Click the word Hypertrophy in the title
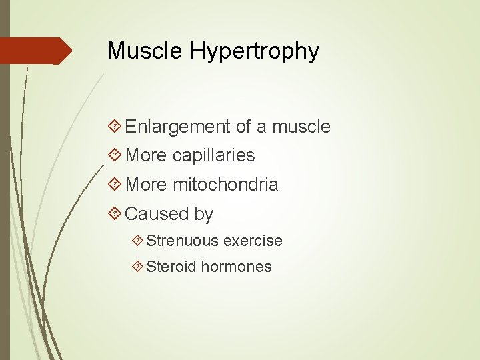click(x=255, y=52)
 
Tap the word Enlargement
click(x=177, y=127)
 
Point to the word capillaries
click(x=213, y=156)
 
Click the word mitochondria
click(x=225, y=185)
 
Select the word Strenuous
click(x=183, y=241)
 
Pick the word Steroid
click(x=171, y=267)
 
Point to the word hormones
click(x=237, y=267)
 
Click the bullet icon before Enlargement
click(x=115, y=127)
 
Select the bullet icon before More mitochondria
click(x=115, y=185)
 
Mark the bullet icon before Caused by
click(x=115, y=214)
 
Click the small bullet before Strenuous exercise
click(x=137, y=241)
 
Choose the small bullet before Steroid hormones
click(x=137, y=267)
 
